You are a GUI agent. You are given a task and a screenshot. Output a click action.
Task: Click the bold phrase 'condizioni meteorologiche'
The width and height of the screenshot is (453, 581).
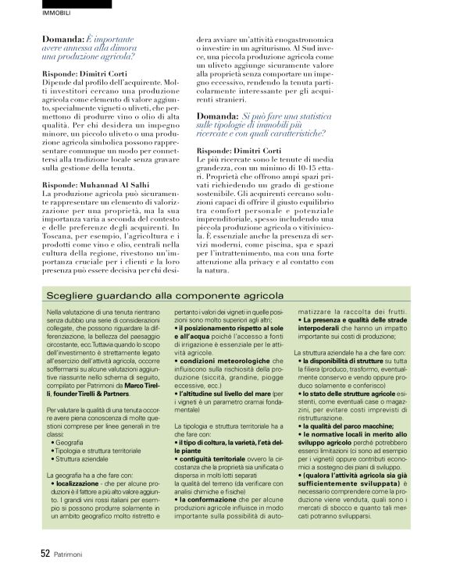219,362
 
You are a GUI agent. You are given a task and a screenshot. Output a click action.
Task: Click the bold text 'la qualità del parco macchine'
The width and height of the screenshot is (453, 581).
347,426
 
